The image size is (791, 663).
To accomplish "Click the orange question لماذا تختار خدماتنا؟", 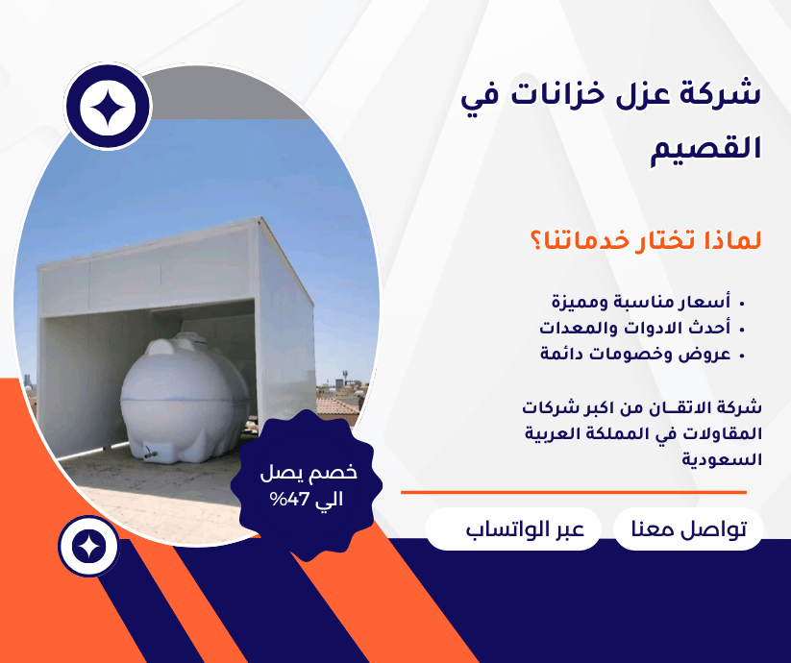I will coord(644,240).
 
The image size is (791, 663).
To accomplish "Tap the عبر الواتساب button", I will coord(513,529).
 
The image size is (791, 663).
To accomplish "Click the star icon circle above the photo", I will coord(109,108).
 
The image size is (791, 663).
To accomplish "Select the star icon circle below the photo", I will coord(88,547).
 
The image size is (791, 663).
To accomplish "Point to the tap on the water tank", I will coord(150,450).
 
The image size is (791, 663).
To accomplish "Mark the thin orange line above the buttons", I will coord(573,492).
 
